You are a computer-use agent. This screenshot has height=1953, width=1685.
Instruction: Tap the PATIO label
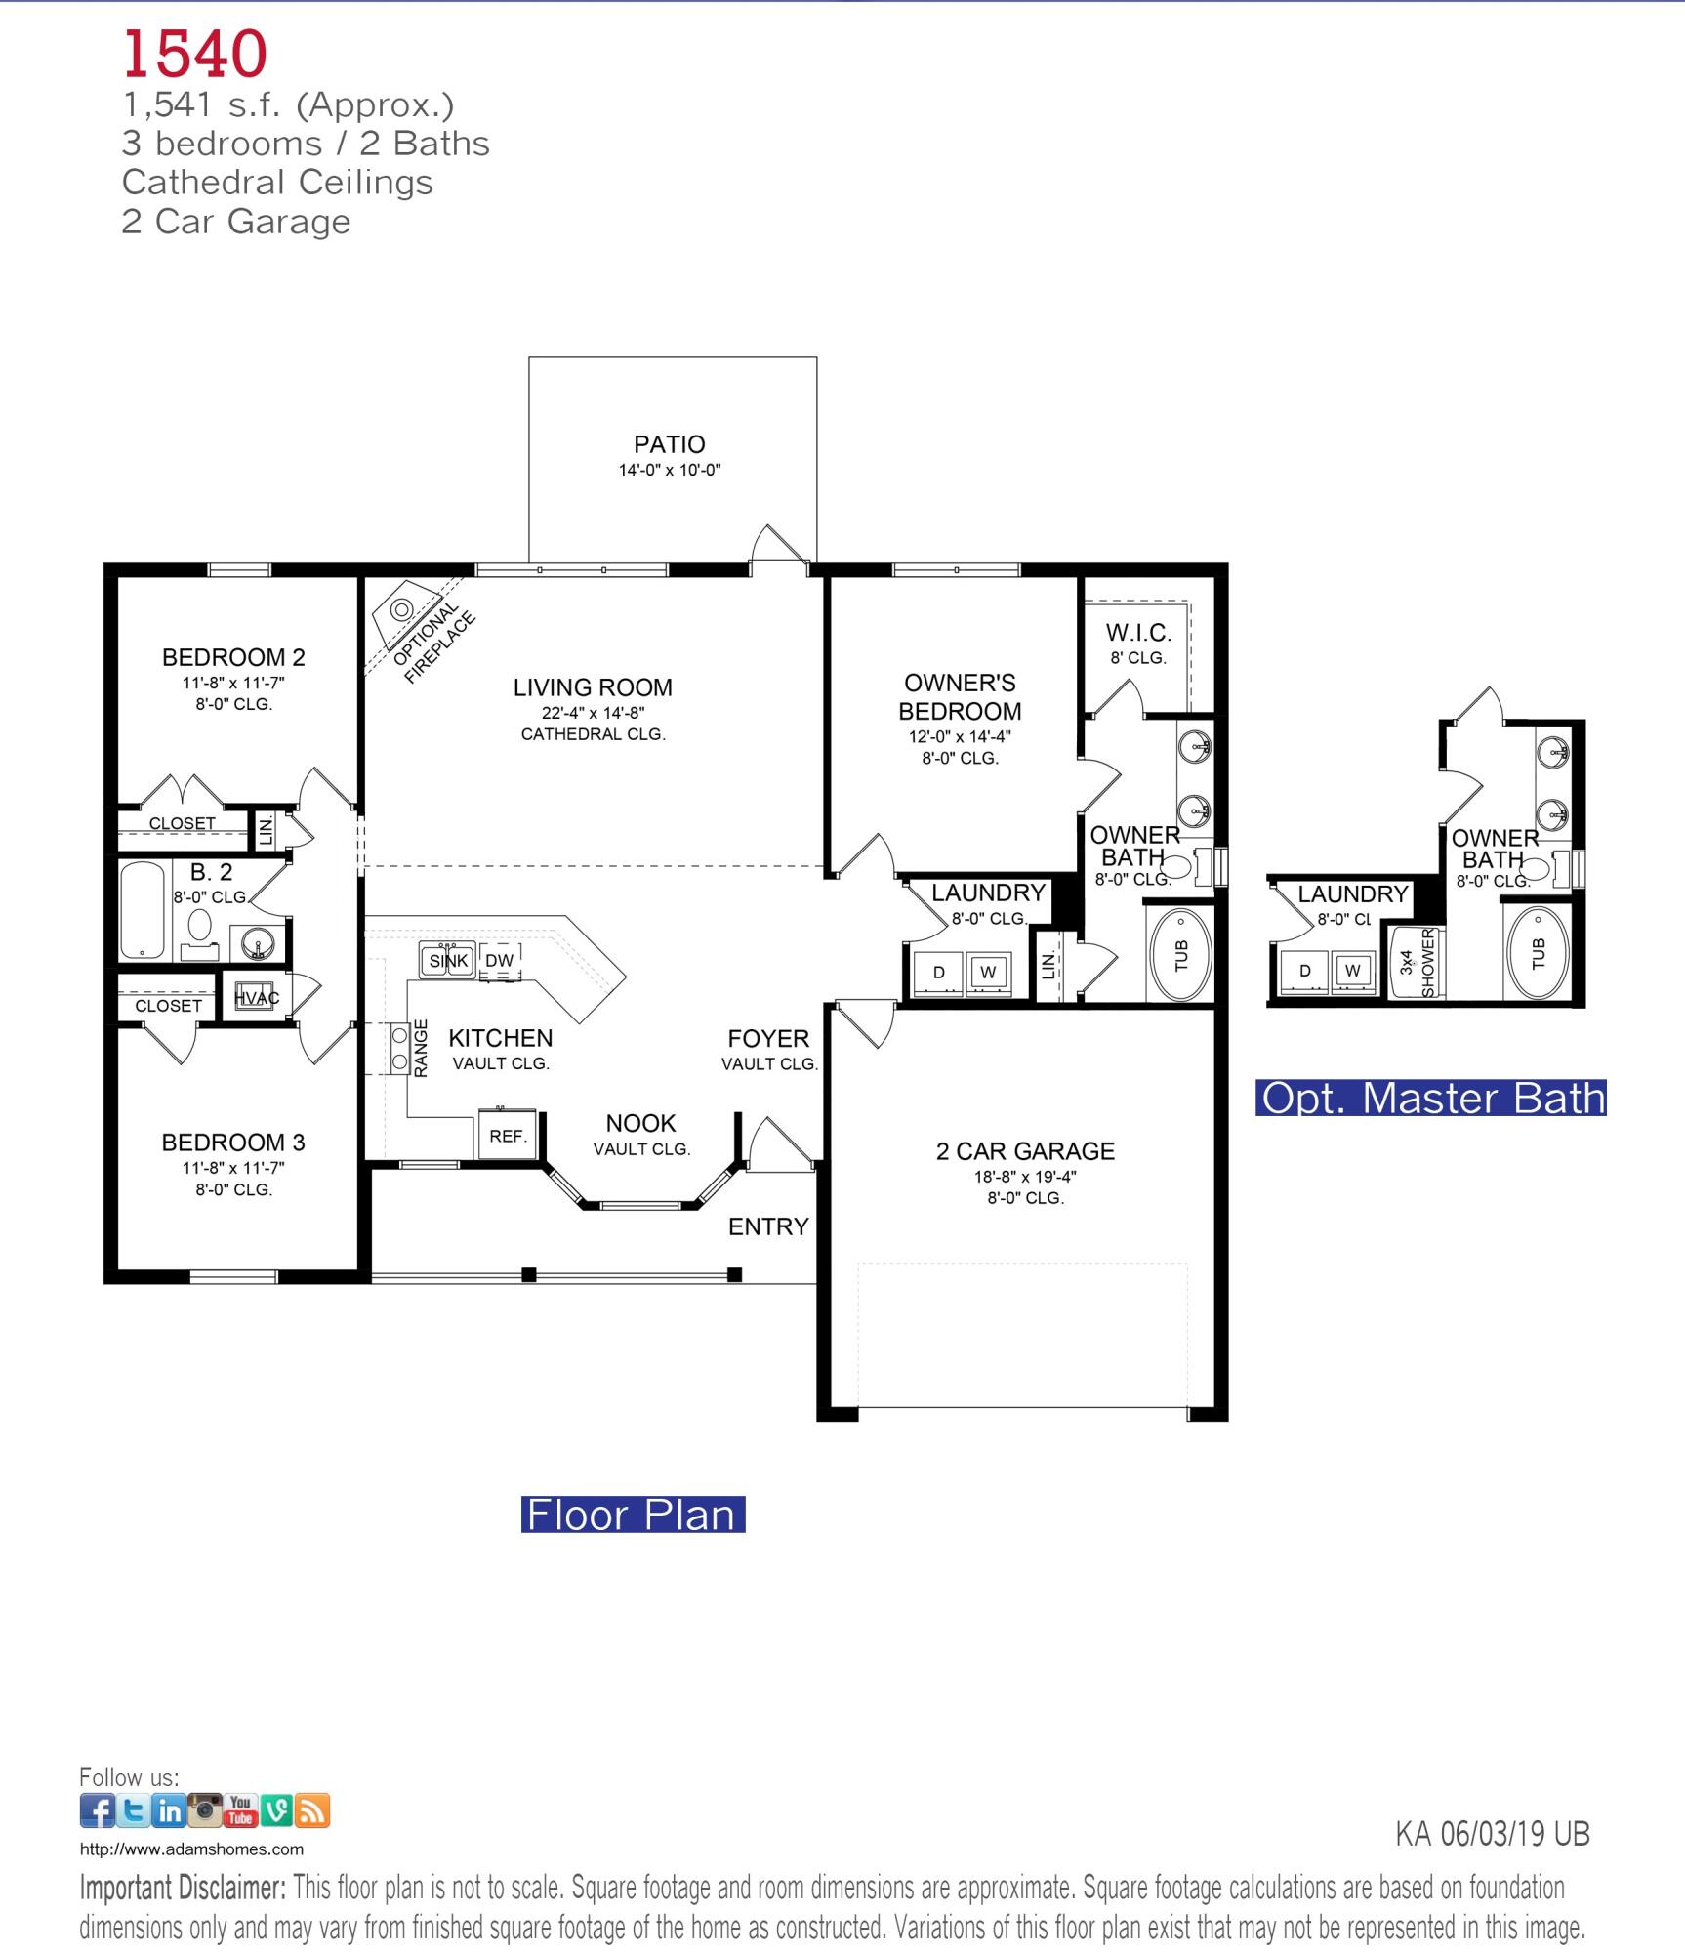pyautogui.click(x=669, y=445)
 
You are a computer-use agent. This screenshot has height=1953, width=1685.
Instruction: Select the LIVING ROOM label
pyautogui.click(x=593, y=687)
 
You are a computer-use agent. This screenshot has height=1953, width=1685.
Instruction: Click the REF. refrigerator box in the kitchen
pyautogui.click(x=508, y=1136)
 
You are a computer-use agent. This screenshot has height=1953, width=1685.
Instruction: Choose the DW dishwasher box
pyautogui.click(x=499, y=961)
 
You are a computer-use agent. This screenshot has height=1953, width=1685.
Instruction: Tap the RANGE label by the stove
pyautogui.click(x=421, y=1048)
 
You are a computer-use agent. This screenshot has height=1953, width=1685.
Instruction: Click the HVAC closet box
pyautogui.click(x=256, y=997)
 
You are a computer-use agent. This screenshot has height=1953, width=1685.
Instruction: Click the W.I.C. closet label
pyautogui.click(x=1138, y=633)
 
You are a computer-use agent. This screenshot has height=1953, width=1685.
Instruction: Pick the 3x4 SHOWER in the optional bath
pyautogui.click(x=1414, y=963)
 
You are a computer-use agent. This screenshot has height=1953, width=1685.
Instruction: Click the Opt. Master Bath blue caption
pyautogui.click(x=1432, y=1099)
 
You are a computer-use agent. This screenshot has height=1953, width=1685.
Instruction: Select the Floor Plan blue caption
pyautogui.click(x=632, y=1515)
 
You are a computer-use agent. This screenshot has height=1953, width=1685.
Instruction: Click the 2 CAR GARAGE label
pyautogui.click(x=1025, y=1151)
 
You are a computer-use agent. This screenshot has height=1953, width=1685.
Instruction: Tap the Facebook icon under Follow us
pyautogui.click(x=97, y=1811)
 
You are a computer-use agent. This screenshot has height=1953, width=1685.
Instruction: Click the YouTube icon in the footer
pyautogui.click(x=241, y=1810)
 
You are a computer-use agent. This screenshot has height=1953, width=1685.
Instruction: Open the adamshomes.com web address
pyautogui.click(x=191, y=1849)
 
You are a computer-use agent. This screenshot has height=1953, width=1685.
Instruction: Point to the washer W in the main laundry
pyautogui.click(x=988, y=972)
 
